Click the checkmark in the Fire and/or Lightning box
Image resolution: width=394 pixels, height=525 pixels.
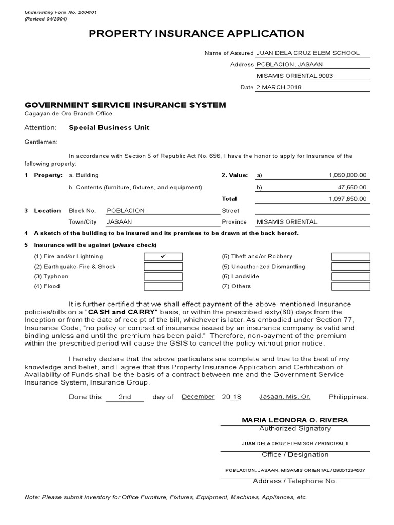163,256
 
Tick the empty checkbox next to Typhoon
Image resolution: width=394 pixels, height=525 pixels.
163,276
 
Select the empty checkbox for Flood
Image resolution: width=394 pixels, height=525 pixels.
163,287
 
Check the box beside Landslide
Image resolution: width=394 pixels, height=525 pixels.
350,276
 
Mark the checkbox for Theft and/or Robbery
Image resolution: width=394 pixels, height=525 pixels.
350,256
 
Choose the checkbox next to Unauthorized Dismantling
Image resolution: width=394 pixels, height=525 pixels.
350,267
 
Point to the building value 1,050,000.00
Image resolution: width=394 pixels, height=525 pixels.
348,175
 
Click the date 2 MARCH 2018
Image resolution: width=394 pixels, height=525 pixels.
279,87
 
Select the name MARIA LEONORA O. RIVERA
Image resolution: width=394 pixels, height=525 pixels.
294,420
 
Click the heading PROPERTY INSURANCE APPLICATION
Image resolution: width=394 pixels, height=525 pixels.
196,34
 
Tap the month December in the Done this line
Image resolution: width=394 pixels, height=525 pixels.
198,397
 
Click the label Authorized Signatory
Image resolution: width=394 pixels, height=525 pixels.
295,429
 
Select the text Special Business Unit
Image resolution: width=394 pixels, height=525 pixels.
109,127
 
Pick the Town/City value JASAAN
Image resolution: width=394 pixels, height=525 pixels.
119,222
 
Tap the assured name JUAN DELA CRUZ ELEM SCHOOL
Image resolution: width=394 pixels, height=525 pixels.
307,53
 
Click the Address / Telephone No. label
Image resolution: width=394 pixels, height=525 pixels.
295,481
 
